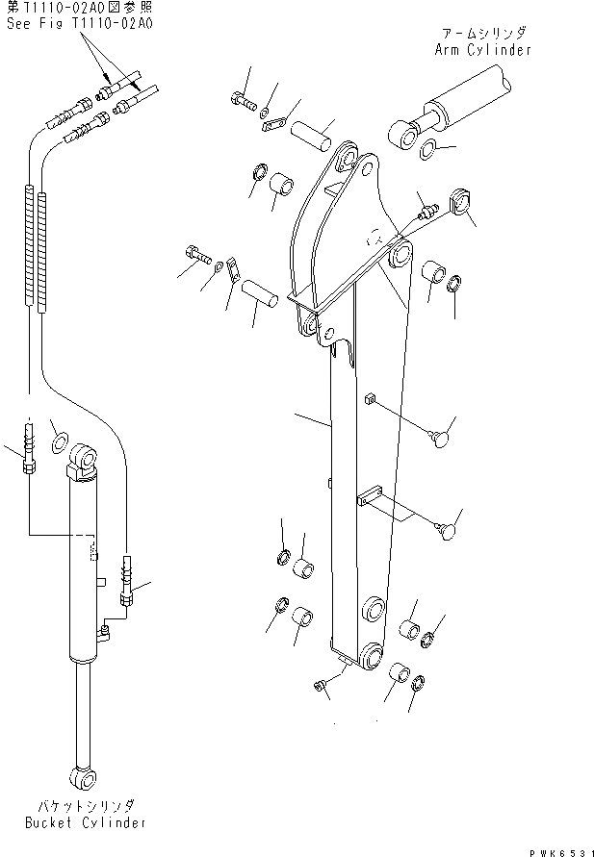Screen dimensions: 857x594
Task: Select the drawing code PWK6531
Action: (562, 848)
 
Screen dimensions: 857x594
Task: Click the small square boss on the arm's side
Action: (367, 397)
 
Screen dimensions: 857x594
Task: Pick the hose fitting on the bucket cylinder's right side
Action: (125, 583)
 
